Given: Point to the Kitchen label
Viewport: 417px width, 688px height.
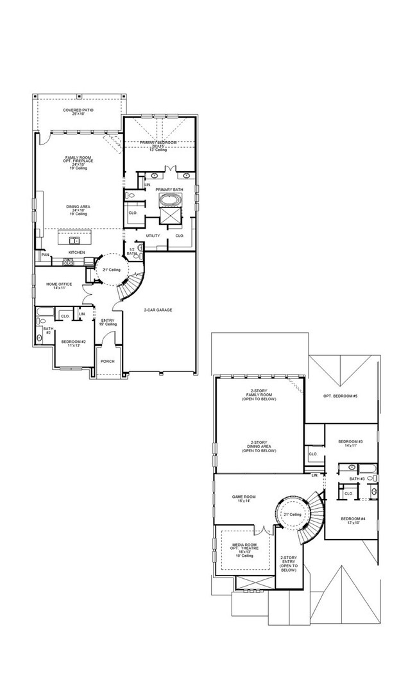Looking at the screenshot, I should (77, 252).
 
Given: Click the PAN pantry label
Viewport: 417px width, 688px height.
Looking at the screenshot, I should (45, 255).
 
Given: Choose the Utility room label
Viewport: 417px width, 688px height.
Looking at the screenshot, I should (153, 236).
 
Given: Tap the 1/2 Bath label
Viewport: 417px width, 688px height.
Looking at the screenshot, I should (132, 252).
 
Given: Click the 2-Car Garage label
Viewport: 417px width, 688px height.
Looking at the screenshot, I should (158, 310).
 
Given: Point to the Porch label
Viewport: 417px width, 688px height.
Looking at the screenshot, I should (108, 361).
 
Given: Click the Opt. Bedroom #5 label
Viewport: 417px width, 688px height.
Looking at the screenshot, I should (340, 396).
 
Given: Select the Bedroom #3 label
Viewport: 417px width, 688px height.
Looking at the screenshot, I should (351, 443).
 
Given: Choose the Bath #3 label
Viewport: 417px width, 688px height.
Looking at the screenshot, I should (357, 479).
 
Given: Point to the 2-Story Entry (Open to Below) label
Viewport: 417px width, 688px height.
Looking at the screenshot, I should (289, 563).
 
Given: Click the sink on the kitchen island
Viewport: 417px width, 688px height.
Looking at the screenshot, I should (75, 240).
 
